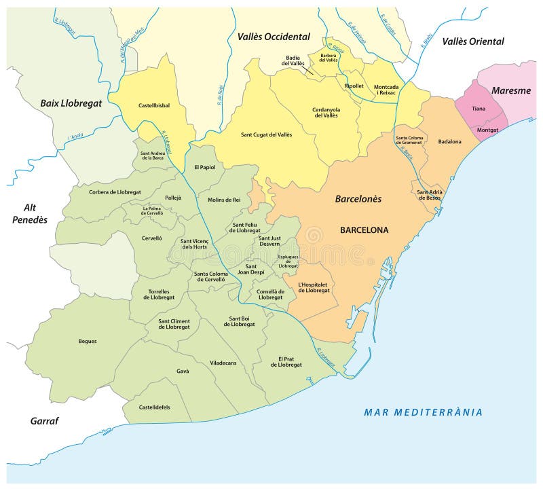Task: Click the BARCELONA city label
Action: pyautogui.click(x=364, y=230)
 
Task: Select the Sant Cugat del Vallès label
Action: pyautogui.click(x=266, y=134)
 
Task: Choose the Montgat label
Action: pyautogui.click(x=487, y=129)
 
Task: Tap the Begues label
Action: pyautogui.click(x=88, y=341)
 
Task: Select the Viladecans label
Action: pyautogui.click(x=223, y=363)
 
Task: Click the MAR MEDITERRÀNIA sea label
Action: pyautogui.click(x=423, y=412)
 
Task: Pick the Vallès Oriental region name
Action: pyautogui.click(x=473, y=41)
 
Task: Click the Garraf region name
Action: pyautogui.click(x=44, y=421)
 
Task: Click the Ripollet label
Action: pyautogui.click(x=354, y=86)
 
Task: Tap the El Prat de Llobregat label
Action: pyautogui.click(x=286, y=361)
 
